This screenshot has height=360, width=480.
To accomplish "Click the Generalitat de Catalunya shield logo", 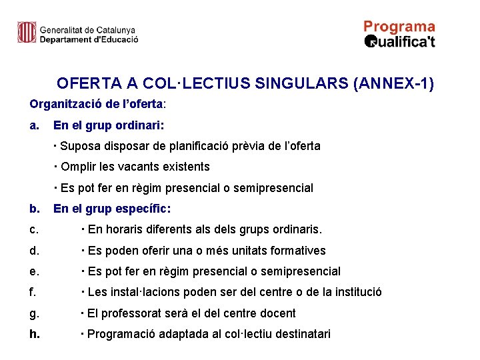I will [27, 32].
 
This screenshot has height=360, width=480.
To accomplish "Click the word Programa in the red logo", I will [399, 27].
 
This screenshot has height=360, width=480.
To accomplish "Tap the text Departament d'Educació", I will [89, 39].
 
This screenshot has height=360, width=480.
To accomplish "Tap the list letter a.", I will [34, 125].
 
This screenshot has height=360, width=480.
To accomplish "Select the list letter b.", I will [34, 209].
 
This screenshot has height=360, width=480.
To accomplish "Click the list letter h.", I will [34, 334].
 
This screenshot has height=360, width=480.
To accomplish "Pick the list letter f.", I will [33, 292].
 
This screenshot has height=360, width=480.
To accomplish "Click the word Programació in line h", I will [118, 334].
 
